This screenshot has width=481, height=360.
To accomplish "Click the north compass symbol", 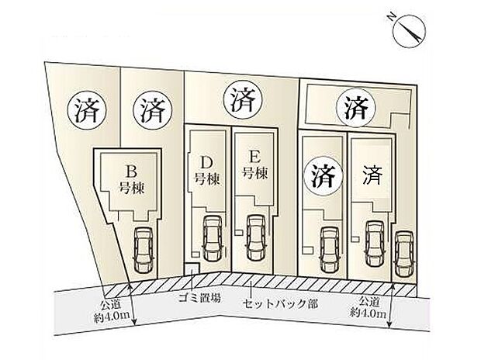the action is (x=409, y=33).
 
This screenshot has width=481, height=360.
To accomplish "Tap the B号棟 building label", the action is (x=132, y=180).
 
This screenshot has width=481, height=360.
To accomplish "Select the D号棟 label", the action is (x=208, y=171).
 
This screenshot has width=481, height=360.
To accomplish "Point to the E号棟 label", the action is (x=255, y=166).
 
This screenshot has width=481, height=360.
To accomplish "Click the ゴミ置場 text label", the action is (x=199, y=298).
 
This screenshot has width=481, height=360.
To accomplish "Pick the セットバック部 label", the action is (x=280, y=304).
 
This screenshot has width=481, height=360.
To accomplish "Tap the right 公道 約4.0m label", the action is (x=369, y=307).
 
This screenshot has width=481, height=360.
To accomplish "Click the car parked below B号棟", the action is (x=144, y=250).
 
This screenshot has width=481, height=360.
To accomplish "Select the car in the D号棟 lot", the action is (x=213, y=239).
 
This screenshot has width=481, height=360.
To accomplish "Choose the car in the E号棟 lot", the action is (x=257, y=238).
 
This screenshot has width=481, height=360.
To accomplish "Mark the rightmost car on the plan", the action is (x=403, y=254).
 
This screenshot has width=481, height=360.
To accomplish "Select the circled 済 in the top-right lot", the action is (x=356, y=107).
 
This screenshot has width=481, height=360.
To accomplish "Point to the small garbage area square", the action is (x=191, y=269).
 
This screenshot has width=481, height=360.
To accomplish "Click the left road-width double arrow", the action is (x=132, y=304).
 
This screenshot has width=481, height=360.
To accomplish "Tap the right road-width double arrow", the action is (x=391, y=306).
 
